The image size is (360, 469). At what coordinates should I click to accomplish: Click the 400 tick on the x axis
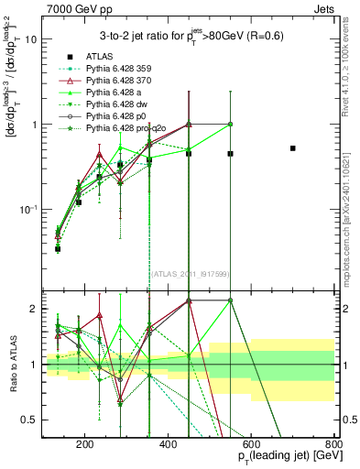[169, 447]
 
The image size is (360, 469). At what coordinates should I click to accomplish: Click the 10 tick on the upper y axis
[32, 39]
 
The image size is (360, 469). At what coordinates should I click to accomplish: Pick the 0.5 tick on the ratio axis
[30, 420]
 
